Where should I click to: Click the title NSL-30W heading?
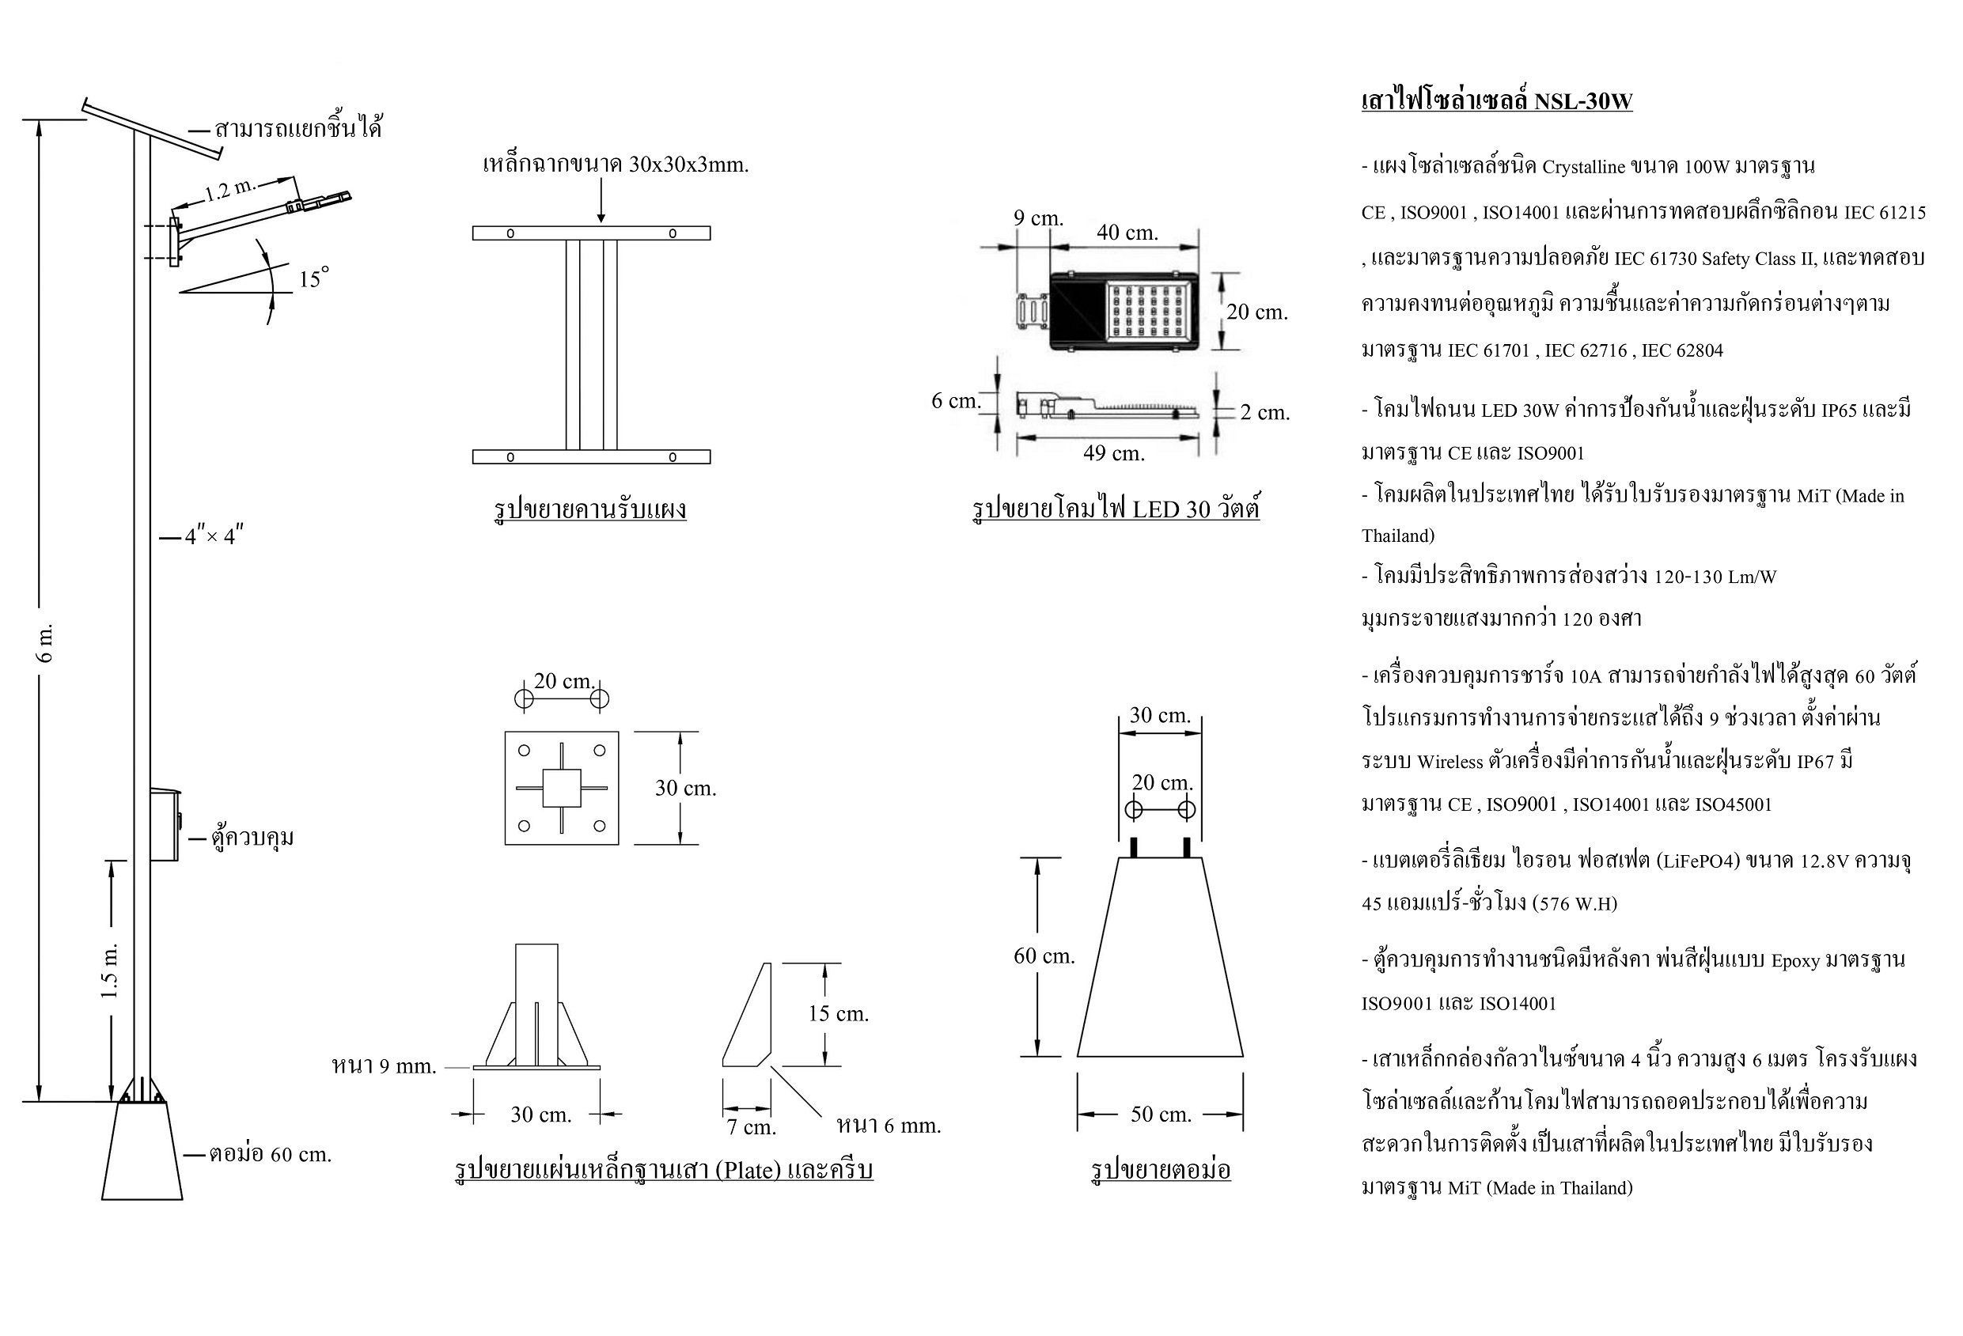point(1497,101)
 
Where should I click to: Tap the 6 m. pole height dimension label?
point(47,644)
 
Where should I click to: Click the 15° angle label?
point(313,278)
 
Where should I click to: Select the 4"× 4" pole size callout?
point(214,536)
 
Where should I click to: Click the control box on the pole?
point(165,825)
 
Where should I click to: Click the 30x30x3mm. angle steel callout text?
point(615,165)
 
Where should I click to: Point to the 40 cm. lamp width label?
point(1127,233)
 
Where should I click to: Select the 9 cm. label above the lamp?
point(1038,218)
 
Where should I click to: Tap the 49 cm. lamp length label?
point(1113,453)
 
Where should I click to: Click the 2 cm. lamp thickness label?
point(1264,413)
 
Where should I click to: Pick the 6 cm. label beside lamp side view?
point(955,401)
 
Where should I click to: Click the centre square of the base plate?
point(562,788)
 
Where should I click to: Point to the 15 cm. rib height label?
point(838,1013)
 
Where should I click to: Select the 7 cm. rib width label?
point(751,1127)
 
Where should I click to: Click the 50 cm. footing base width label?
point(1161,1115)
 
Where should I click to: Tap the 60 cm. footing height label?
point(1044,956)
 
